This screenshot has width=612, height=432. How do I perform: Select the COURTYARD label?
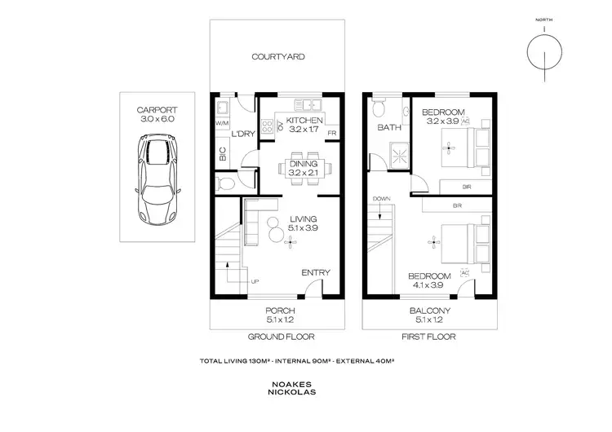(x=278, y=57)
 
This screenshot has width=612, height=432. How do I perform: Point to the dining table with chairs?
(x=307, y=168)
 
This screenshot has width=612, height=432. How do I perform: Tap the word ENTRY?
(x=315, y=272)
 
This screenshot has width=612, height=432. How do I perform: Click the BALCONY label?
(x=431, y=311)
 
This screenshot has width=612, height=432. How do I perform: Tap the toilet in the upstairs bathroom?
(x=377, y=108)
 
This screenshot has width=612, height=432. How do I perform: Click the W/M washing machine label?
(x=222, y=124)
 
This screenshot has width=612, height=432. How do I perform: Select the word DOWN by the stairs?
(x=381, y=199)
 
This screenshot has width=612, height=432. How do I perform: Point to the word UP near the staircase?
(x=255, y=281)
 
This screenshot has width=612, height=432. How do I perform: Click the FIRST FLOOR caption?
(x=428, y=336)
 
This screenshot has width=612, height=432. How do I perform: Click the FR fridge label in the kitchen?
(x=332, y=132)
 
